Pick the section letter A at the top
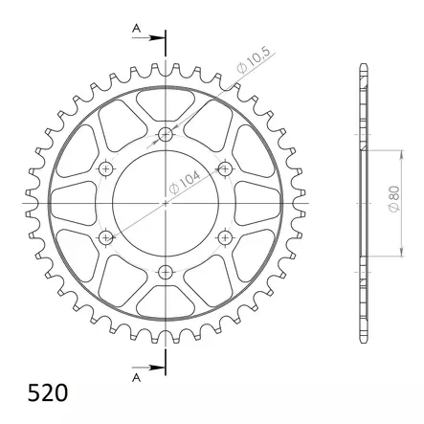pos(137,31)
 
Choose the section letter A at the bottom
pos(137,376)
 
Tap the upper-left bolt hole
pos(106,169)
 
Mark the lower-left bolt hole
pos(106,237)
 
